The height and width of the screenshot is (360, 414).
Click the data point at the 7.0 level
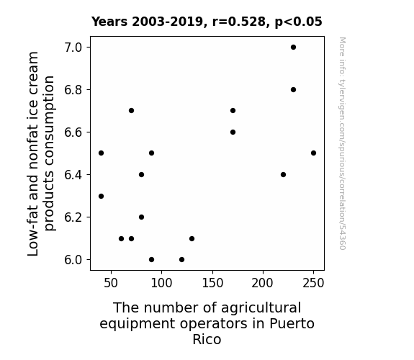tap(293, 48)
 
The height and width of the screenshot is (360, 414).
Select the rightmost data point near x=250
tap(313, 153)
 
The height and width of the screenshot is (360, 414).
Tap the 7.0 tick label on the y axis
tap(73, 48)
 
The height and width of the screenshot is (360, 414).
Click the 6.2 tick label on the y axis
tap(73, 217)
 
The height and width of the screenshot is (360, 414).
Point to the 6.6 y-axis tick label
tap(73, 132)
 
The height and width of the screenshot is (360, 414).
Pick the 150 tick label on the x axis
tap(212, 283)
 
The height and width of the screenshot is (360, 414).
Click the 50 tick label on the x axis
tap(111, 283)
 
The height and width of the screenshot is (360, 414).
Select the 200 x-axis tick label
tap(263, 283)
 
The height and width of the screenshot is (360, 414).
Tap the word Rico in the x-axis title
tap(207, 339)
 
